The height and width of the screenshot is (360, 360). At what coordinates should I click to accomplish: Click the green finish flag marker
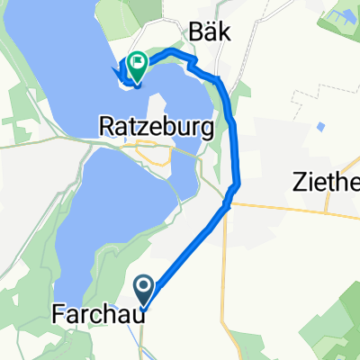[138, 63]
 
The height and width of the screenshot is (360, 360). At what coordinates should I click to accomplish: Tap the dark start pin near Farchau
[144, 290]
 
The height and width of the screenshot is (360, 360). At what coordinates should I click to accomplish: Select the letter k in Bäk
[224, 34]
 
